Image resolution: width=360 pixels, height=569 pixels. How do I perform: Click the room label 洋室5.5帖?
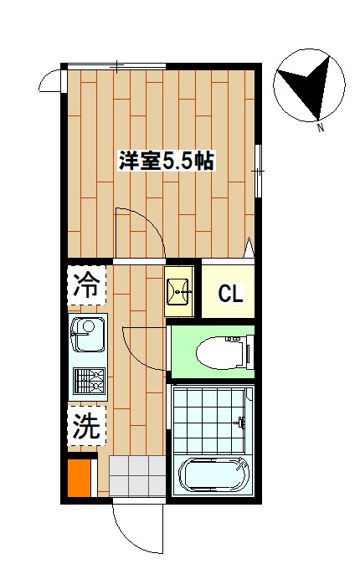[x=167, y=161]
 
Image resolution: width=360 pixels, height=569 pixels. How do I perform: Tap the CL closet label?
[x=230, y=294]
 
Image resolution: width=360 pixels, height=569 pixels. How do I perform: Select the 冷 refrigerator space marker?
[x=87, y=286]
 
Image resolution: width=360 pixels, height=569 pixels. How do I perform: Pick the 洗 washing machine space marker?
[x=86, y=428]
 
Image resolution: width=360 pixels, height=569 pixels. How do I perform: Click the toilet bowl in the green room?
[x=218, y=353]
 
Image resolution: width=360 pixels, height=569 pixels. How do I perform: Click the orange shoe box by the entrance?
[x=79, y=479]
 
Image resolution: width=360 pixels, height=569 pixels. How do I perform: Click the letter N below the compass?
[x=321, y=128]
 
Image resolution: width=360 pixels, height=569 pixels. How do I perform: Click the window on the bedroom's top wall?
[x=118, y=65]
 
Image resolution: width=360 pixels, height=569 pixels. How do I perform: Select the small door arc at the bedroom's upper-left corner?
[x=49, y=81]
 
